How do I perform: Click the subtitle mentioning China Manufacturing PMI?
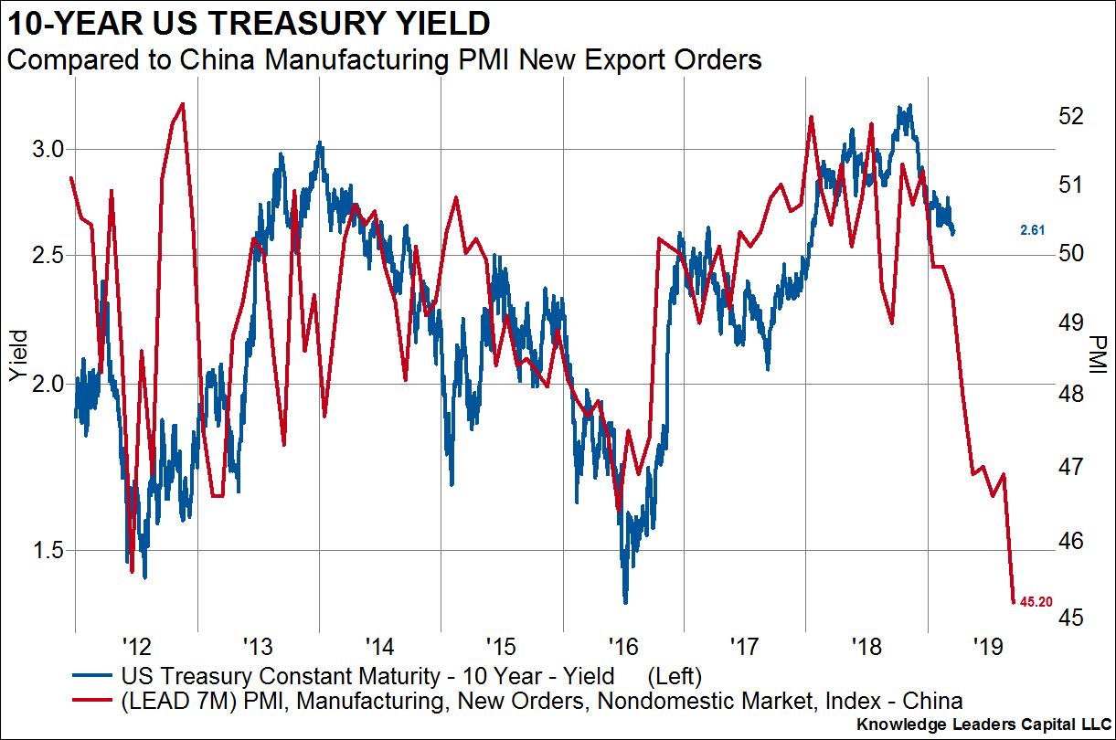[384, 61]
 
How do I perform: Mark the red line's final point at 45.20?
[1013, 601]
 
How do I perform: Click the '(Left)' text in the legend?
[674, 677]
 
